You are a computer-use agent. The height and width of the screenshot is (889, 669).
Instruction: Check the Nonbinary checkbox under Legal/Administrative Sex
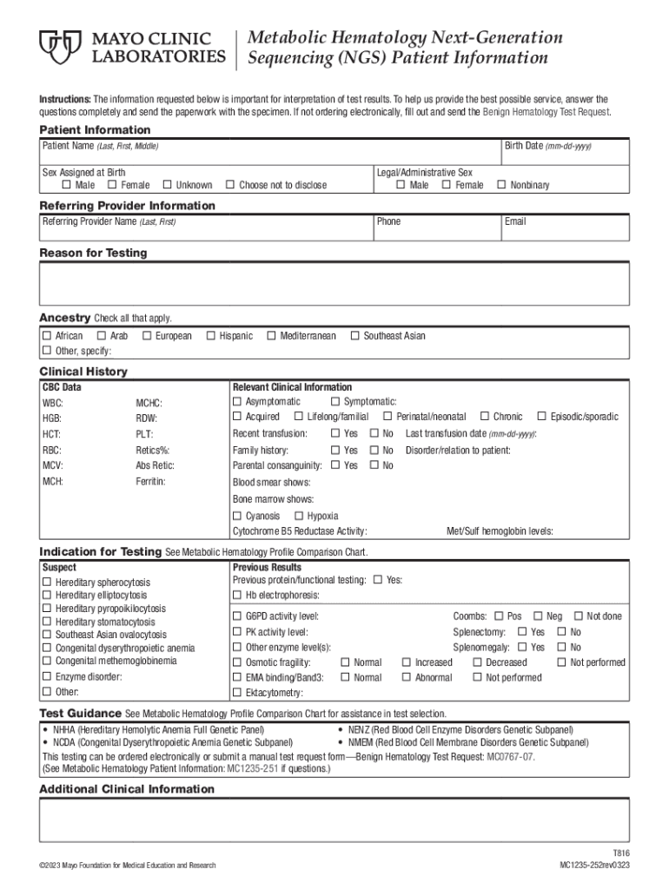[x=501, y=185]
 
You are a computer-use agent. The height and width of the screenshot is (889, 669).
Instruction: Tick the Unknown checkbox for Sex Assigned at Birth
[x=167, y=185]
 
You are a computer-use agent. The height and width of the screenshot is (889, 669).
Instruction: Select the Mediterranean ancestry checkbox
[x=271, y=336]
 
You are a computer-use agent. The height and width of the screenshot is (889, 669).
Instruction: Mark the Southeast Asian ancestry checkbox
[x=354, y=336]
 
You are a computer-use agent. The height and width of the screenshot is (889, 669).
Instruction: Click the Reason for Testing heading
[x=93, y=254]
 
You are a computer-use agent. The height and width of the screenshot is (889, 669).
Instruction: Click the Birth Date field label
[x=547, y=146]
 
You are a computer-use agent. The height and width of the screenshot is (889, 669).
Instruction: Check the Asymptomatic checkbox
[x=237, y=402]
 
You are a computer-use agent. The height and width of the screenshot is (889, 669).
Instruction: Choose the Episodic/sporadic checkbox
[x=542, y=418]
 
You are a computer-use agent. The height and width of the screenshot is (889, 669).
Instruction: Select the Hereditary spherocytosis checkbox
[x=47, y=582]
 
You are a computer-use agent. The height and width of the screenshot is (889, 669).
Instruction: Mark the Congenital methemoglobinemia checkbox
[x=47, y=661]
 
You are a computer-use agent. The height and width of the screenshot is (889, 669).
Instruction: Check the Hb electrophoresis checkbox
[x=237, y=596]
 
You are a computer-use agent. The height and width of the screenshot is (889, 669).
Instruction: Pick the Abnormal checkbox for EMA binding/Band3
[x=407, y=678]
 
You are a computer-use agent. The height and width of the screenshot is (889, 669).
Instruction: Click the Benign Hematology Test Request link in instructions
[x=546, y=113]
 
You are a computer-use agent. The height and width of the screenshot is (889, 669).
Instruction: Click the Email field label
[x=515, y=222]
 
